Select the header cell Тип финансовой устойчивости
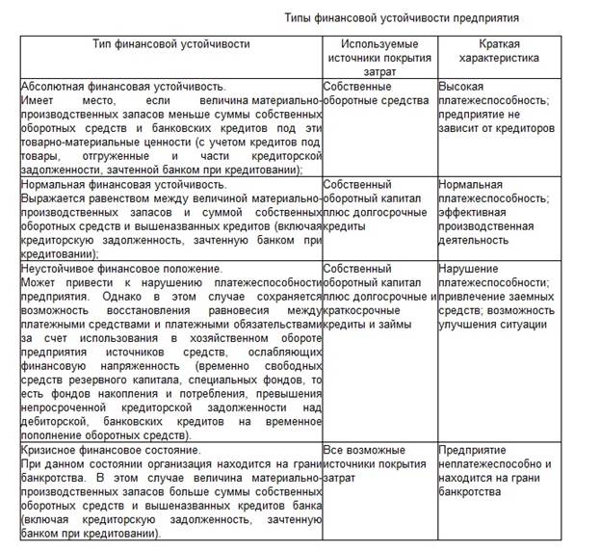pyautogui.click(x=171, y=44)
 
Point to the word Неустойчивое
pyautogui.click(x=59, y=269)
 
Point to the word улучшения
pyautogui.click(x=469, y=325)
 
